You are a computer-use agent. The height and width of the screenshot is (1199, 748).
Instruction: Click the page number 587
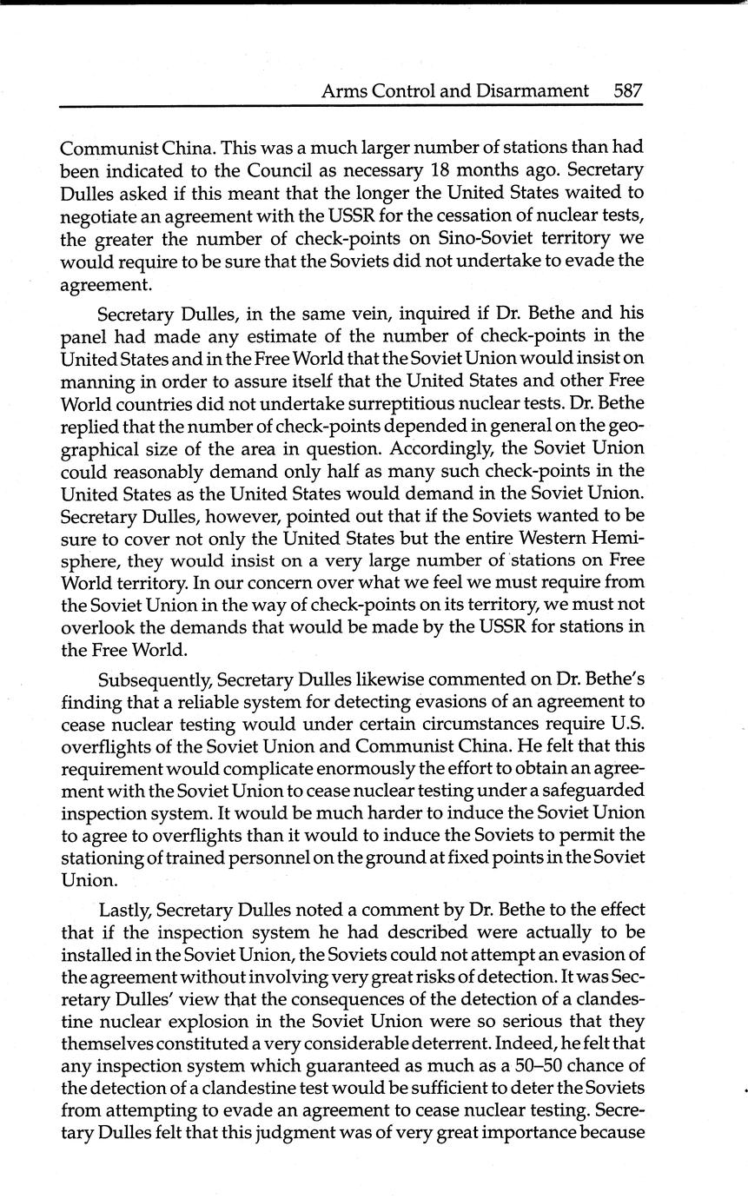[626, 90]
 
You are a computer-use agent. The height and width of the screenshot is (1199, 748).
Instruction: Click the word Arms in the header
[342, 90]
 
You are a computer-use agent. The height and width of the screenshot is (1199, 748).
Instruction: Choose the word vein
[320, 313]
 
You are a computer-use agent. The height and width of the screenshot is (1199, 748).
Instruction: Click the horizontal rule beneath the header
[351, 106]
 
